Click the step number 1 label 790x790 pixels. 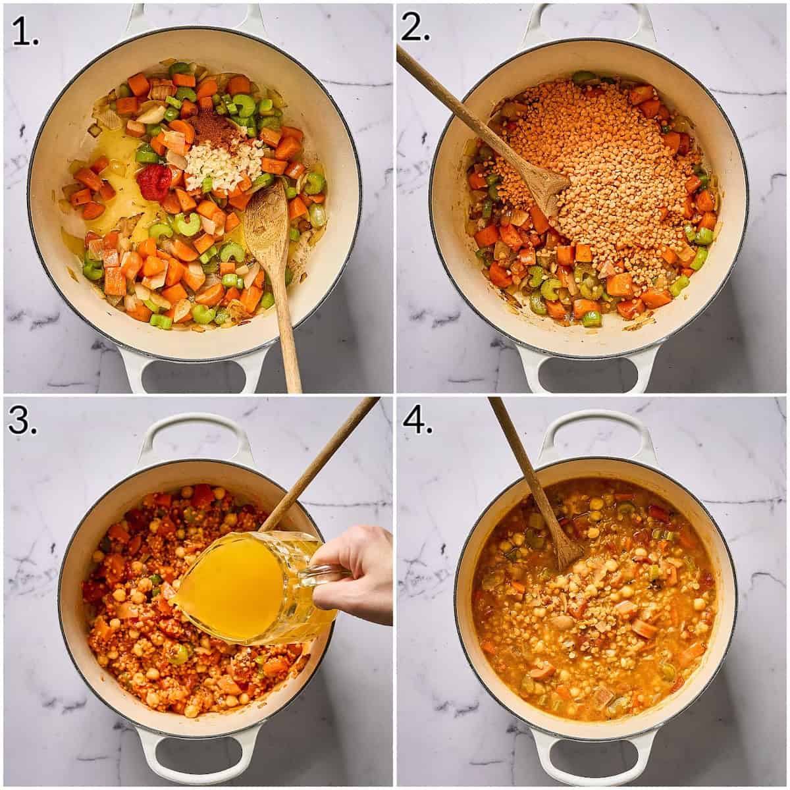point(25,32)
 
